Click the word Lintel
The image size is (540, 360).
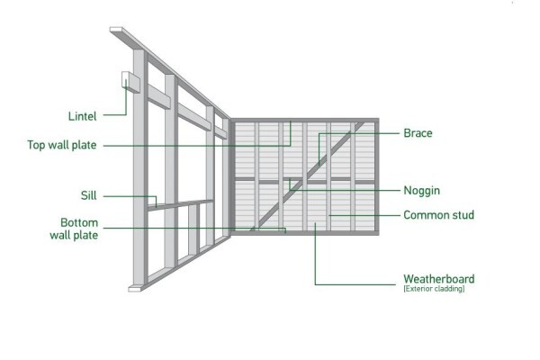tap(82, 116)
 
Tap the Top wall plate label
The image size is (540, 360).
tap(62, 145)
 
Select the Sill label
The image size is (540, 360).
tap(88, 195)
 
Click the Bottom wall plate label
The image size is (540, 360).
tap(74, 229)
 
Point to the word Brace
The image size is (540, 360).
tap(418, 133)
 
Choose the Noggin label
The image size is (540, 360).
tap(421, 191)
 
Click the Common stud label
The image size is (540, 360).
tap(439, 215)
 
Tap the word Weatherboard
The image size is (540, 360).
tap(439, 279)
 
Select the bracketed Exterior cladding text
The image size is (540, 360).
tap(434, 289)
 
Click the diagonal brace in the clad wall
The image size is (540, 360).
tap(308, 176)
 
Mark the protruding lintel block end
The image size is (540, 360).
tap(130, 82)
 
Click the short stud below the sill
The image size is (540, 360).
tap(193, 229)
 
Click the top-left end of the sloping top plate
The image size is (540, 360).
tap(116, 30)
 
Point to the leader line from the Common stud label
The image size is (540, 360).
tap(364, 215)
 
